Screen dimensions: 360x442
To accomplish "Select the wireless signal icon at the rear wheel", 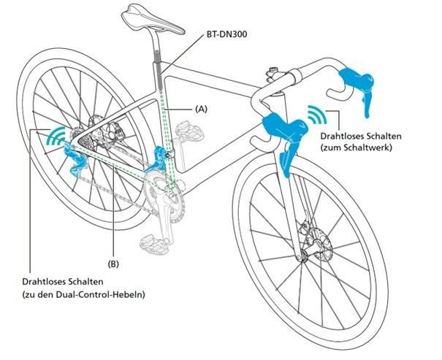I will (x=56, y=135).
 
